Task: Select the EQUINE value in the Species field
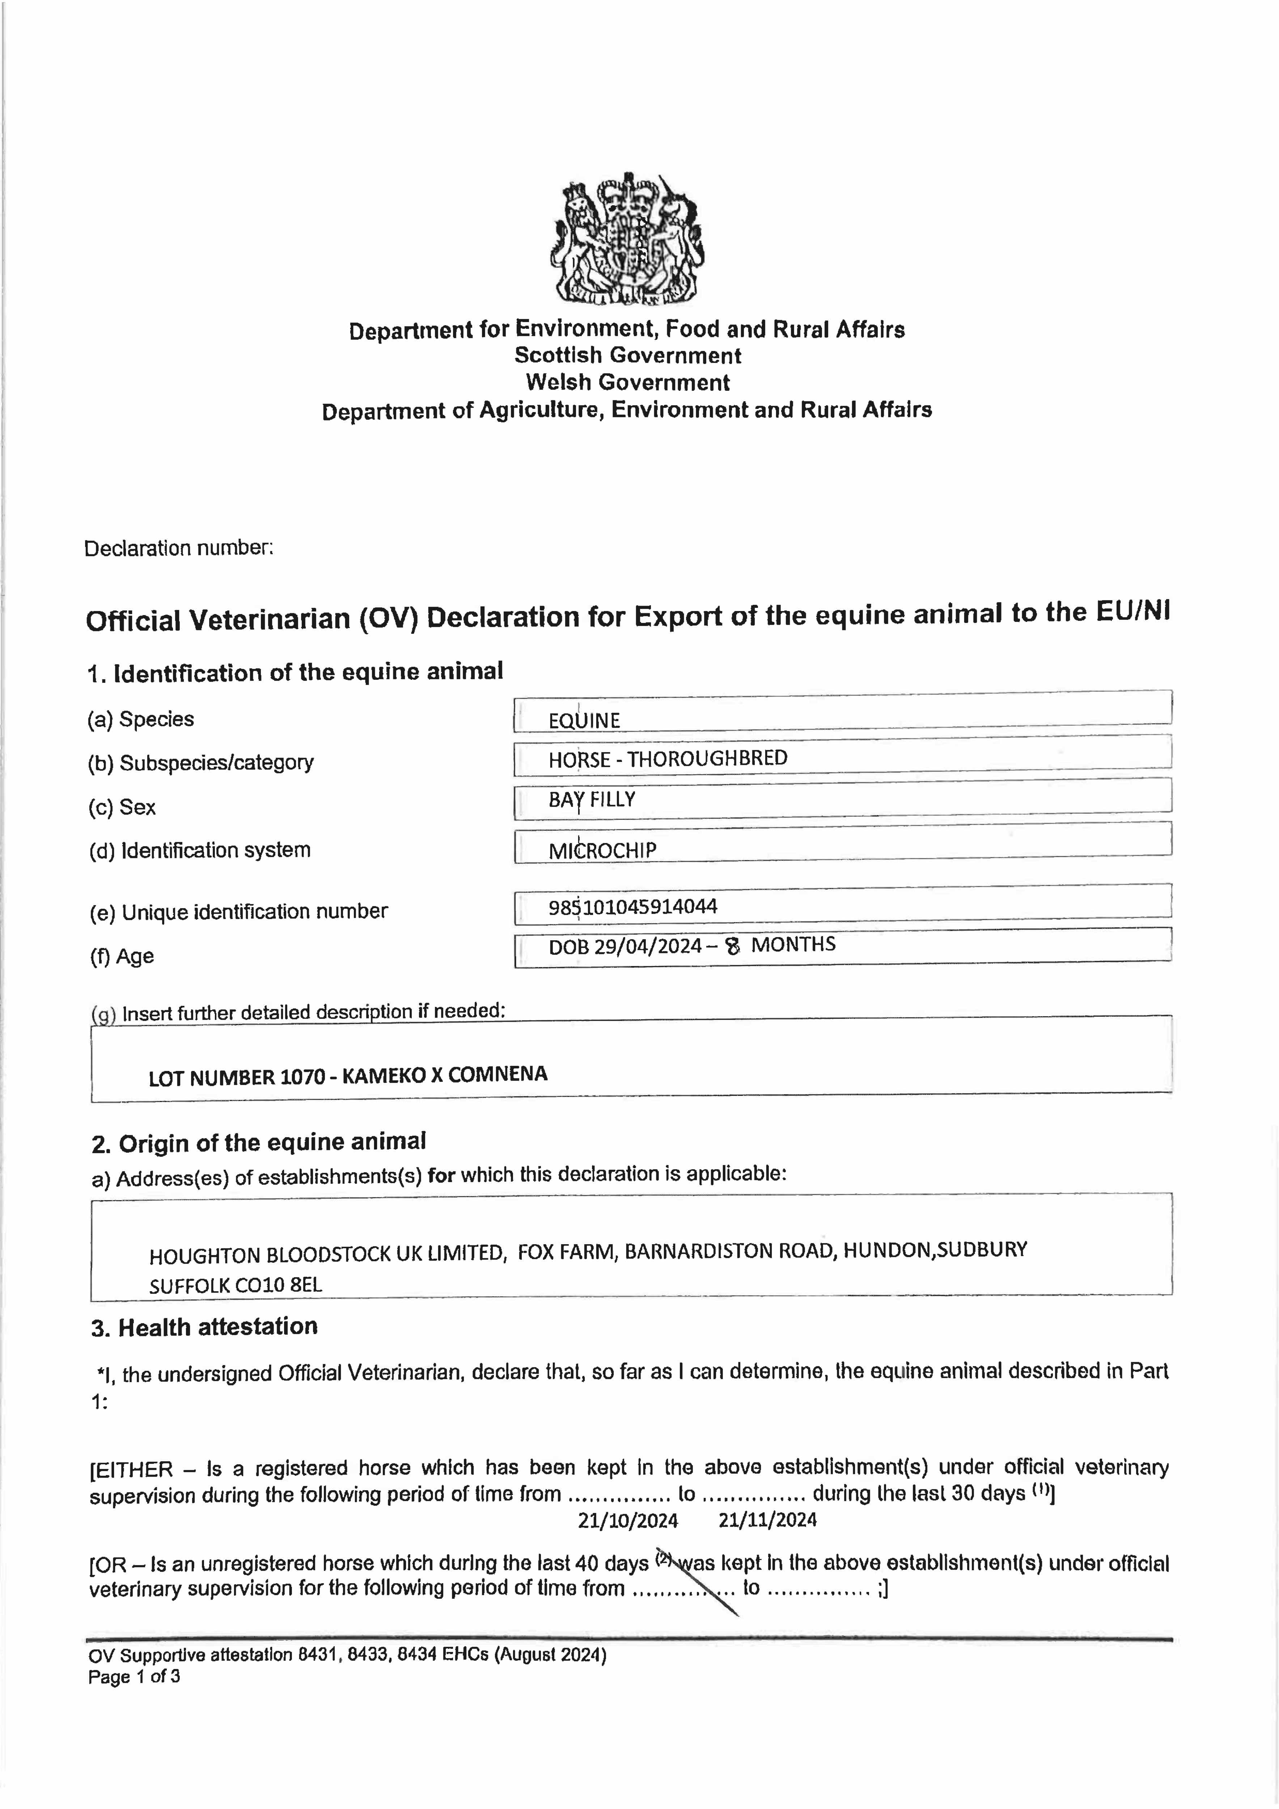pos(584,720)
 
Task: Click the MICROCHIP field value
pos(602,850)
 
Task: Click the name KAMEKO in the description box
pos(384,1076)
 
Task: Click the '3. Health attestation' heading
pos(204,1327)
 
